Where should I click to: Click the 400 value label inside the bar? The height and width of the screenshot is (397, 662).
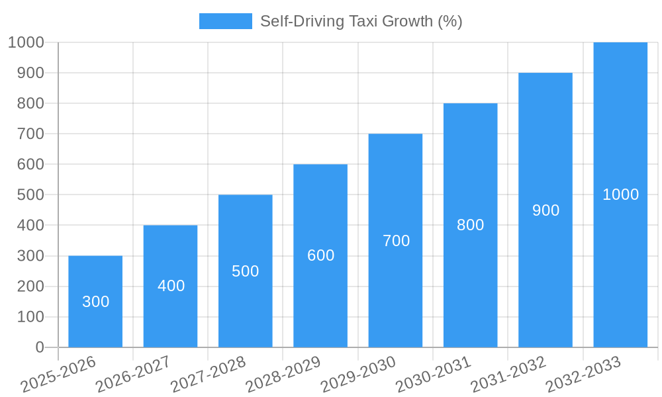[171, 286]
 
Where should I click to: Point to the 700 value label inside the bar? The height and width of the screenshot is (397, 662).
[396, 241]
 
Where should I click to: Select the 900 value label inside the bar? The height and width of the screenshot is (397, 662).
[545, 210]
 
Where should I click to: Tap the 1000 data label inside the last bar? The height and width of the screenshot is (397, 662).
[620, 195]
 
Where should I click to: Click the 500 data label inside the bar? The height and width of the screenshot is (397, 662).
[245, 271]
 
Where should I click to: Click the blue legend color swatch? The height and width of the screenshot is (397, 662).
[226, 21]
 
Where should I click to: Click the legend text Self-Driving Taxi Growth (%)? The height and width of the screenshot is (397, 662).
[361, 21]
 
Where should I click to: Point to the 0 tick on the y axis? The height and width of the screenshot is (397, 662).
[40, 347]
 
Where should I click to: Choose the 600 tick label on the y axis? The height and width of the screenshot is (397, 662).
[30, 164]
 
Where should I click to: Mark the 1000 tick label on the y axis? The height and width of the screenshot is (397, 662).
[26, 42]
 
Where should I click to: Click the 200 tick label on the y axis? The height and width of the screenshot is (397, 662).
[30, 287]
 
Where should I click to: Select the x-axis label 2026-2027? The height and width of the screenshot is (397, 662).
[133, 375]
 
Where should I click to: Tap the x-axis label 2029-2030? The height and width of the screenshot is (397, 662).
[358, 375]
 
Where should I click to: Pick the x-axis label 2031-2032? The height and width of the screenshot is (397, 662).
[508, 375]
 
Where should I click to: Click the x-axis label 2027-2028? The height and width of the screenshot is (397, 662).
[209, 375]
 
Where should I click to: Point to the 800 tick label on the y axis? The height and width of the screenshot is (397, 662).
[30, 103]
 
